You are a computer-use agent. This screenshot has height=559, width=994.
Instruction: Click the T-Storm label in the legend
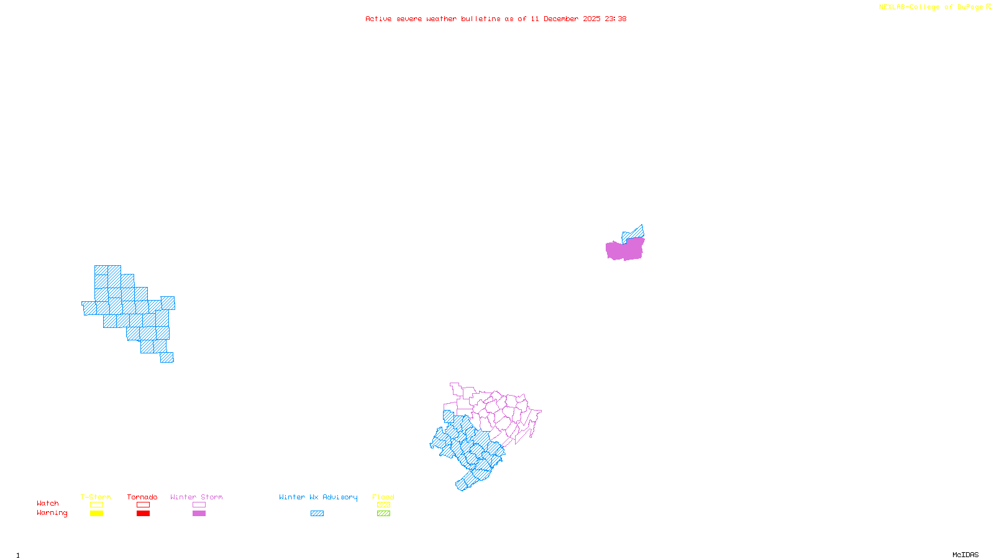click(x=96, y=497)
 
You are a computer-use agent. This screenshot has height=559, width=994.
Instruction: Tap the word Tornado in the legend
click(x=142, y=497)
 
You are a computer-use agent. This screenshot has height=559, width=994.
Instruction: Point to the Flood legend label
click(x=383, y=497)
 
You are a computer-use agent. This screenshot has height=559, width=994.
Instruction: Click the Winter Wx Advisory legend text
click(x=318, y=497)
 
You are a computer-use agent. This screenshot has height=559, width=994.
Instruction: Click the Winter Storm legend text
click(x=196, y=497)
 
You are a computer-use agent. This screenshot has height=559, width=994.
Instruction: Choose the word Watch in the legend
click(x=48, y=503)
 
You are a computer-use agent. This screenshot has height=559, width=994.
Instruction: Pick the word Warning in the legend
click(x=52, y=513)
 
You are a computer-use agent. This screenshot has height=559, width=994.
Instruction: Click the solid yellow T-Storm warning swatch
click(x=96, y=514)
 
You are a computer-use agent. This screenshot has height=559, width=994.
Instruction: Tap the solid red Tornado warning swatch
click(x=144, y=514)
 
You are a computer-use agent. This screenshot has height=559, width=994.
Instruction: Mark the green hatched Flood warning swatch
click(x=384, y=514)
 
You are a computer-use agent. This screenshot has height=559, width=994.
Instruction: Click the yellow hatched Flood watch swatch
click(x=384, y=505)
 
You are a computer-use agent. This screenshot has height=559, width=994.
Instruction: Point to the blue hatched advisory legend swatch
click(x=317, y=514)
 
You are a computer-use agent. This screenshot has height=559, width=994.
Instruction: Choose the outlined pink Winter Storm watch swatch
click(x=199, y=505)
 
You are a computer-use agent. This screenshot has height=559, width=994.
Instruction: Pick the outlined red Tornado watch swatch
click(x=144, y=505)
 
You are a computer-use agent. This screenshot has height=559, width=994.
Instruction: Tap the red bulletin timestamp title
click(x=496, y=19)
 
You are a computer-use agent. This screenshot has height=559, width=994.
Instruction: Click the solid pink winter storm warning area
click(x=624, y=250)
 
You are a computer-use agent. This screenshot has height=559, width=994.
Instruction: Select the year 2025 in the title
click(x=591, y=19)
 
